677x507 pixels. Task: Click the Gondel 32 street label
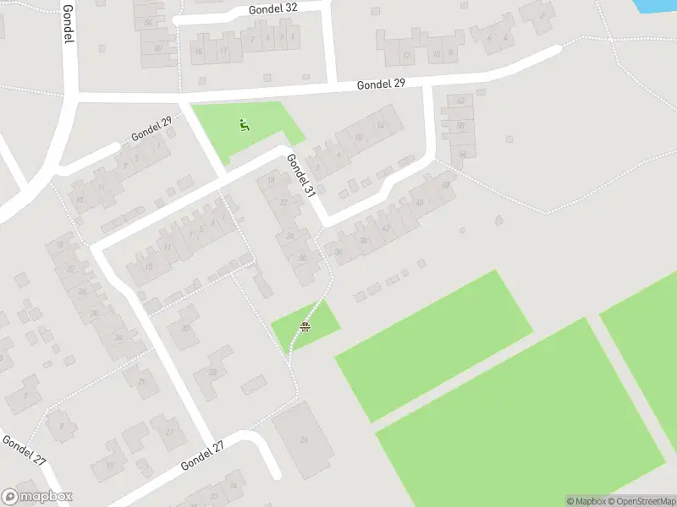point(273,8)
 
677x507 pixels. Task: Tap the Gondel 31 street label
point(300,176)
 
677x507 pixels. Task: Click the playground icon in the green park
point(244,126)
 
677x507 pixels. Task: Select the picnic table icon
point(304,326)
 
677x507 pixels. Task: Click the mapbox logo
point(37,497)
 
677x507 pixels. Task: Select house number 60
point(158,48)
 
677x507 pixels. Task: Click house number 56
point(149,23)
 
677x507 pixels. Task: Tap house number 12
point(407,56)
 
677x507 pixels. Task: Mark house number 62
point(461,101)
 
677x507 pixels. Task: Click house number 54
point(462,153)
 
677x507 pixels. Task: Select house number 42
point(386,228)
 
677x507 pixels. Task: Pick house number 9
point(60,424)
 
